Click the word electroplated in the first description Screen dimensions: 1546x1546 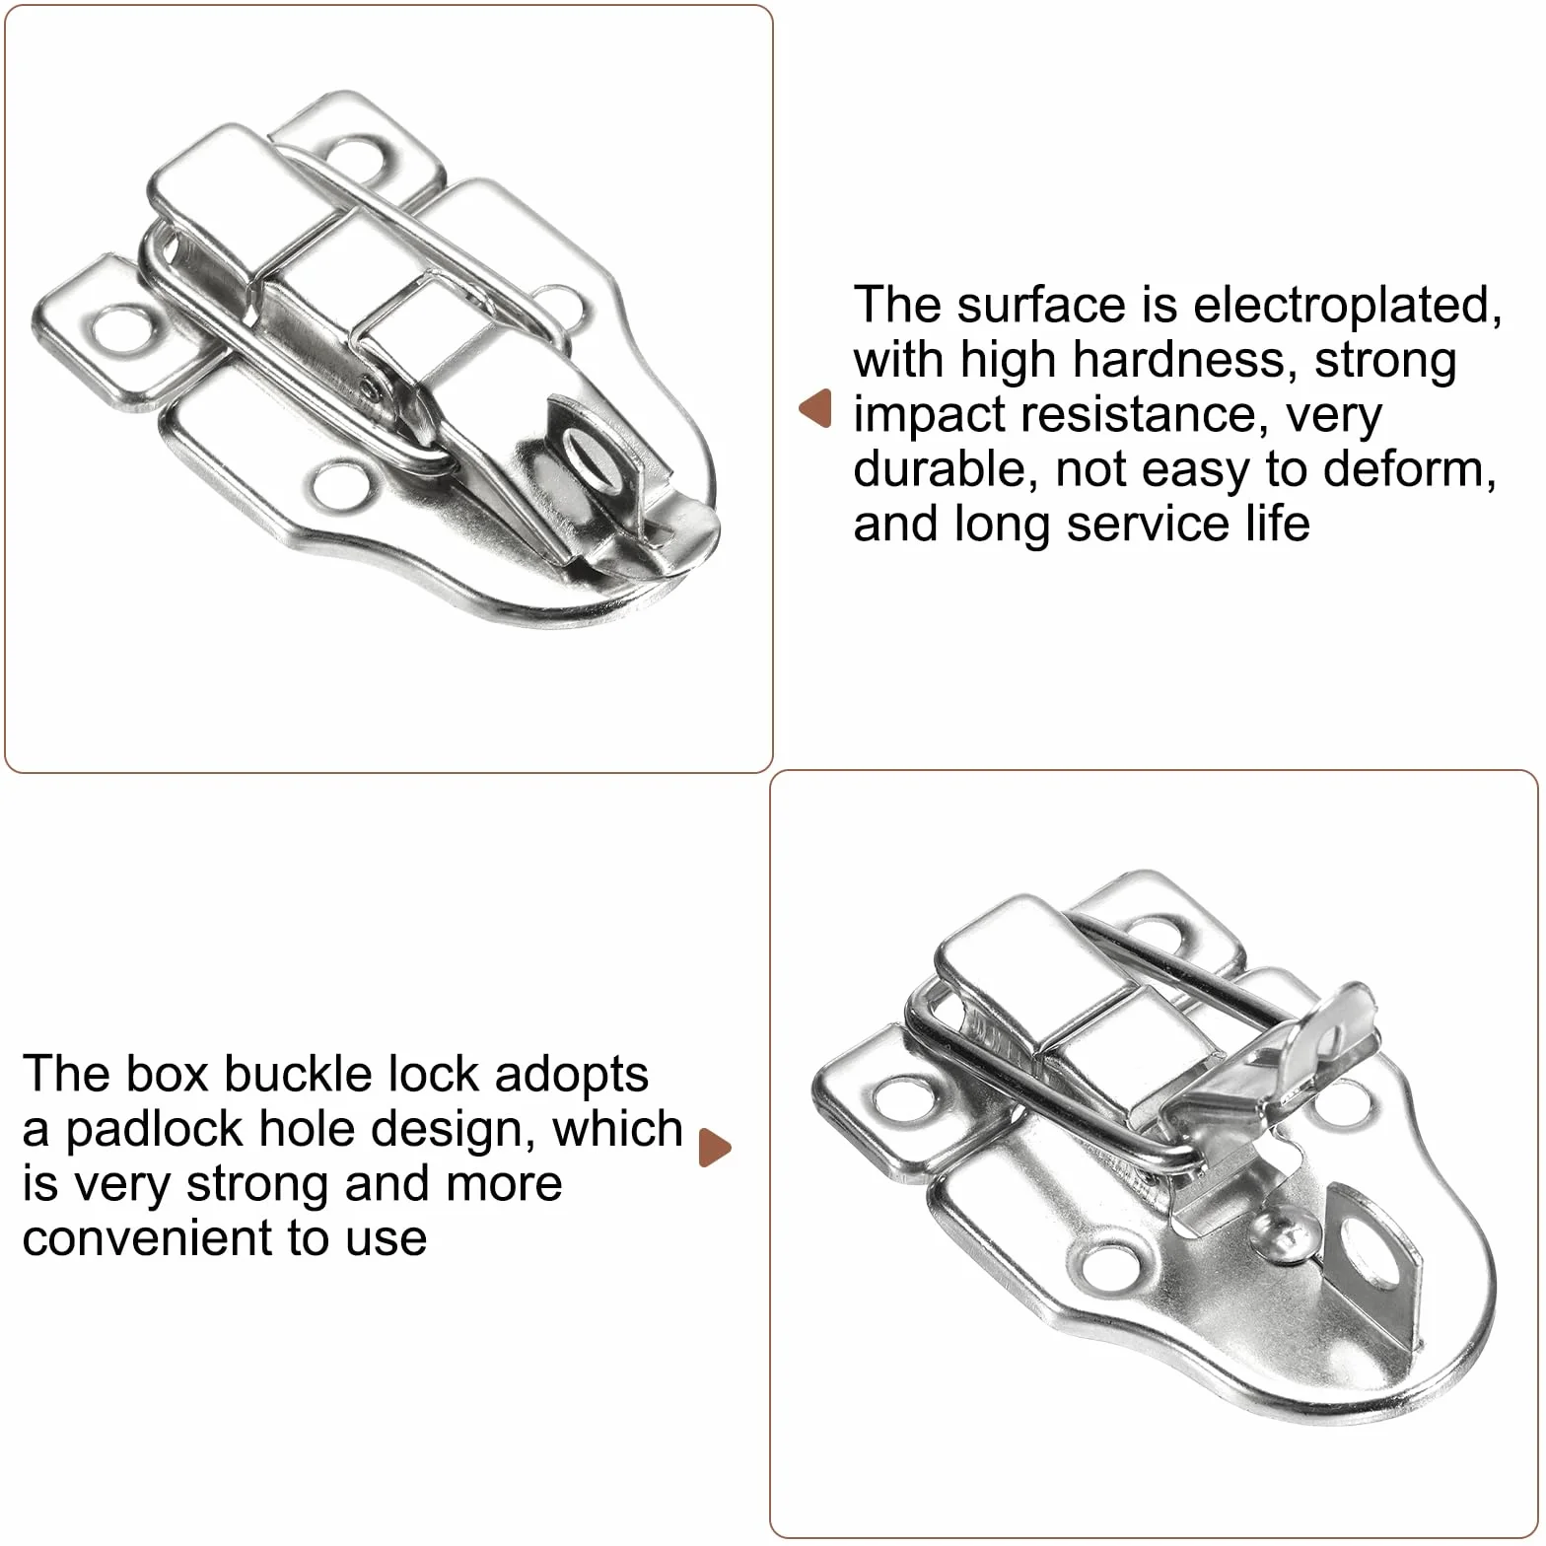tap(1348, 305)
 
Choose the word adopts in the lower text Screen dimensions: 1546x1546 tap(571, 1076)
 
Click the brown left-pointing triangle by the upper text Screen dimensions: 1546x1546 tap(815, 408)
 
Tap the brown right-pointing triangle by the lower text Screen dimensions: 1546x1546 tap(715, 1148)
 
